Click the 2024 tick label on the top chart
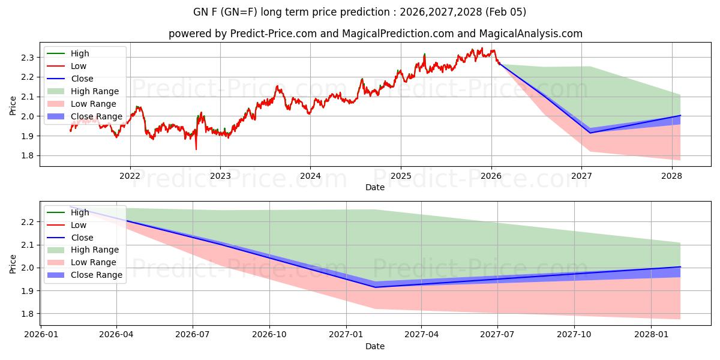(x=310, y=176)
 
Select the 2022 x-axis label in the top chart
(x=130, y=176)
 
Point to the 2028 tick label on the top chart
(x=671, y=176)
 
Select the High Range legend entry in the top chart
(x=94, y=91)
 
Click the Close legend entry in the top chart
(x=82, y=79)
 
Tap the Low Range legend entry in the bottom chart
(x=94, y=262)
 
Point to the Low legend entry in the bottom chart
(x=79, y=225)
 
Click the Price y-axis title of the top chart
(x=13, y=106)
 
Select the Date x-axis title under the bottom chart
(x=375, y=346)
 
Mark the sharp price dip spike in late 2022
(x=196, y=149)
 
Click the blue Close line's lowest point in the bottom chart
(x=376, y=287)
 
